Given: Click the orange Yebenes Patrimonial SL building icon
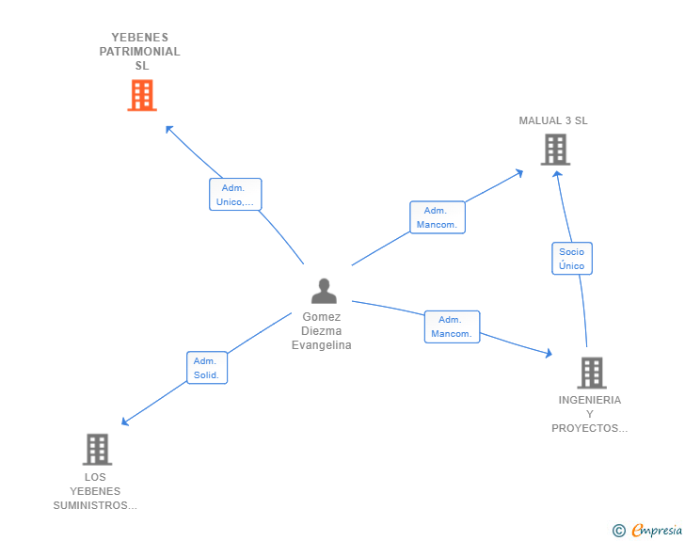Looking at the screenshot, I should click(x=142, y=95).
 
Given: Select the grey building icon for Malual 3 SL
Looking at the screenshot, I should click(x=555, y=150).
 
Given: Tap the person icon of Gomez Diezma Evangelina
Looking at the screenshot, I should click(x=324, y=291).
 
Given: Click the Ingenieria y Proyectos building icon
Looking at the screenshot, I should click(x=591, y=373).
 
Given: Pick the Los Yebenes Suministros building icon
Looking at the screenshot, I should click(x=97, y=450).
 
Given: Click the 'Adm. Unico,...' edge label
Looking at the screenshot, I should click(x=235, y=195).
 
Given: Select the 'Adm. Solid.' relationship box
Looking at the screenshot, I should click(x=205, y=368).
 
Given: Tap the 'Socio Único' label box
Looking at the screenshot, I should click(x=571, y=259).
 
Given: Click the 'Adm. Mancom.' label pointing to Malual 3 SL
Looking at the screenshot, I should click(x=438, y=217).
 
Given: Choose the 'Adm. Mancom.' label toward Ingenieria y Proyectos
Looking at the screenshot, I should click(x=452, y=326).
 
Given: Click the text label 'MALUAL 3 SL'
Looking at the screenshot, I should click(x=553, y=120).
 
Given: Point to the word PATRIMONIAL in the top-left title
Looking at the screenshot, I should click(x=139, y=52).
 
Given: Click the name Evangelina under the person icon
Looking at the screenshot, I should click(x=322, y=345).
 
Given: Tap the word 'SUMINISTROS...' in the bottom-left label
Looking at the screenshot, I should click(x=95, y=505).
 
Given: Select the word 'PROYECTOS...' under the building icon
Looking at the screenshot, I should click(x=590, y=428).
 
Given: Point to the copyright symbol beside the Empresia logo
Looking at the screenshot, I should click(x=619, y=531).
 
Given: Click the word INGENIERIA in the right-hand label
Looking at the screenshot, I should click(x=590, y=400).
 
